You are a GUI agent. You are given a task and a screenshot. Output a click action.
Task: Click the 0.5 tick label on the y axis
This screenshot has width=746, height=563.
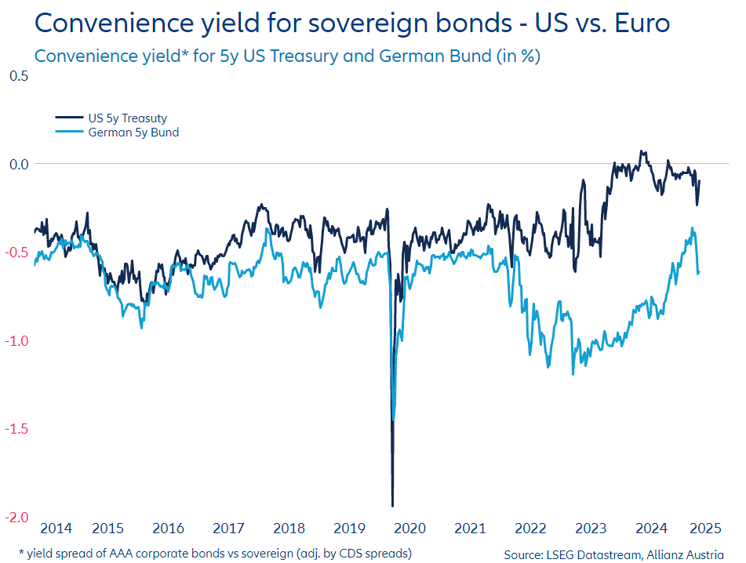(x=18, y=76)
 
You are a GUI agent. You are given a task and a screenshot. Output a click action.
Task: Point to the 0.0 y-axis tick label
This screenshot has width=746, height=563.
(x=18, y=164)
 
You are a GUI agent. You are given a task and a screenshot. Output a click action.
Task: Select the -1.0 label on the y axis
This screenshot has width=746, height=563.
(x=16, y=340)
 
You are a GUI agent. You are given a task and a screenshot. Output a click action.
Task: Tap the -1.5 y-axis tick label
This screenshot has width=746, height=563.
(x=16, y=429)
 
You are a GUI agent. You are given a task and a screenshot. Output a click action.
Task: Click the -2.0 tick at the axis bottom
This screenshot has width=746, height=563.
(x=16, y=517)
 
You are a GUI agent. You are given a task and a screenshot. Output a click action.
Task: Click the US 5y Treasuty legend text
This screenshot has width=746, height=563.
(x=127, y=118)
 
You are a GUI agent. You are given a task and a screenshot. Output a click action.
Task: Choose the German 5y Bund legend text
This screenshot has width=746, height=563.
(x=133, y=133)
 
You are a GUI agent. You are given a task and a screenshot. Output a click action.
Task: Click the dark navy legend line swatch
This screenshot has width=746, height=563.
(x=69, y=118)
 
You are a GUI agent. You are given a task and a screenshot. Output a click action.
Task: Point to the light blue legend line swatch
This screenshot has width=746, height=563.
(x=69, y=133)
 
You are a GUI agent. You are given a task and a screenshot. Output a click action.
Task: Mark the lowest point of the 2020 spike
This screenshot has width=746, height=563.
(x=392, y=506)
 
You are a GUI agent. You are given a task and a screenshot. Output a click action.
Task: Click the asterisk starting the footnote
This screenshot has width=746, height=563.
(x=21, y=551)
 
